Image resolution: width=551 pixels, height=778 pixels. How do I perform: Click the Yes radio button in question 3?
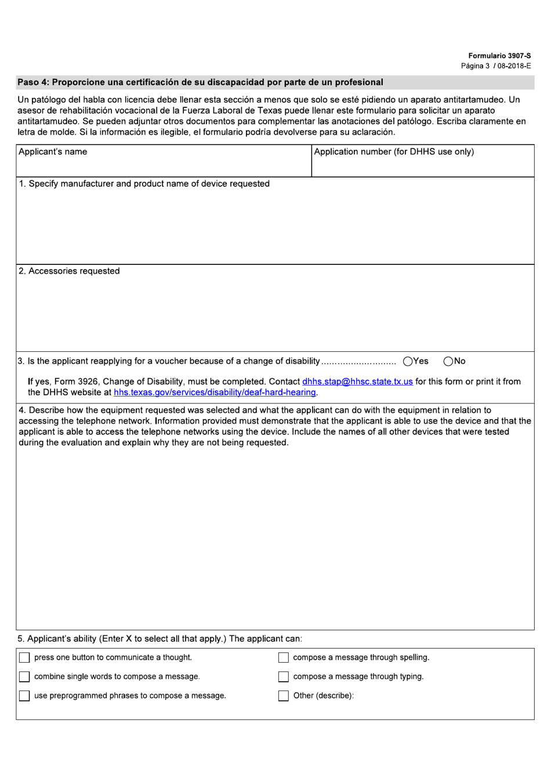point(408,362)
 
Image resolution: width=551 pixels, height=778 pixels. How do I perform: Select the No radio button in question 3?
point(448,362)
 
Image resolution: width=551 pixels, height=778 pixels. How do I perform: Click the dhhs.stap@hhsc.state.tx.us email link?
point(357,381)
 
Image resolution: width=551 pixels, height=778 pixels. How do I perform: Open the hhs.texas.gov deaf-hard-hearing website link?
point(215,392)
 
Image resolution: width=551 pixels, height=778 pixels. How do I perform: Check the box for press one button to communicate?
point(24,657)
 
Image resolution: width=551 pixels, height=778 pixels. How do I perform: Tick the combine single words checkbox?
point(24,677)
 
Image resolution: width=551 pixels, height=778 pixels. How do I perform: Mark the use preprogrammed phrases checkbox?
point(24,696)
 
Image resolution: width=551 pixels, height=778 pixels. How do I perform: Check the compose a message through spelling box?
point(284,657)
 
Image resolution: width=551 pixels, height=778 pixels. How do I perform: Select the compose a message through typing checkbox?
point(284,677)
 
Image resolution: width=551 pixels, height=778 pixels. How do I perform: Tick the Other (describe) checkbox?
point(284,696)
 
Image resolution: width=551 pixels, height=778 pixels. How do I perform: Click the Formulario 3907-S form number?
point(499,56)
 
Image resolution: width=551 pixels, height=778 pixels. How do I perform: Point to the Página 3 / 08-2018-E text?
point(496,66)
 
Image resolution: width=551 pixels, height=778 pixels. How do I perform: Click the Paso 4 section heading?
point(200,82)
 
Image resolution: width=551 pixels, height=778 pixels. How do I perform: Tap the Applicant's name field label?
point(53,152)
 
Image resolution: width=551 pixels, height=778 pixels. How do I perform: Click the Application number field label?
point(394,152)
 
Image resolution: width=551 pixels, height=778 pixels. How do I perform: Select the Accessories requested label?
point(69,271)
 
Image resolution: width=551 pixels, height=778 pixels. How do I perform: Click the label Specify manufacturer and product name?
point(144,184)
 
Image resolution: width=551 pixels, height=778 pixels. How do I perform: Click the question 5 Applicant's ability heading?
point(159,639)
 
